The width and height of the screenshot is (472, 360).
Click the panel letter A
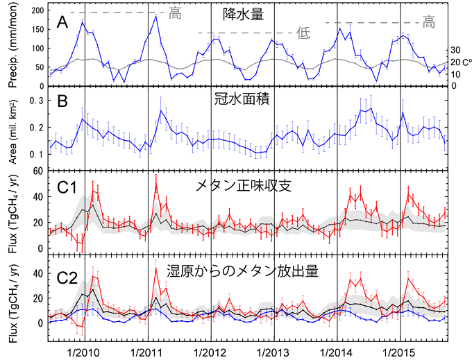62,23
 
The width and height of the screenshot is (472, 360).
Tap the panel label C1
66,185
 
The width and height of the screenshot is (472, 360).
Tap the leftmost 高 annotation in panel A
176,12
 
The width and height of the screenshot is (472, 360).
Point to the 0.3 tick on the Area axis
37,101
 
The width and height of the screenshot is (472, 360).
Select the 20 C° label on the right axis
457,62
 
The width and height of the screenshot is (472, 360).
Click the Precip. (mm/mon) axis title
12,47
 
